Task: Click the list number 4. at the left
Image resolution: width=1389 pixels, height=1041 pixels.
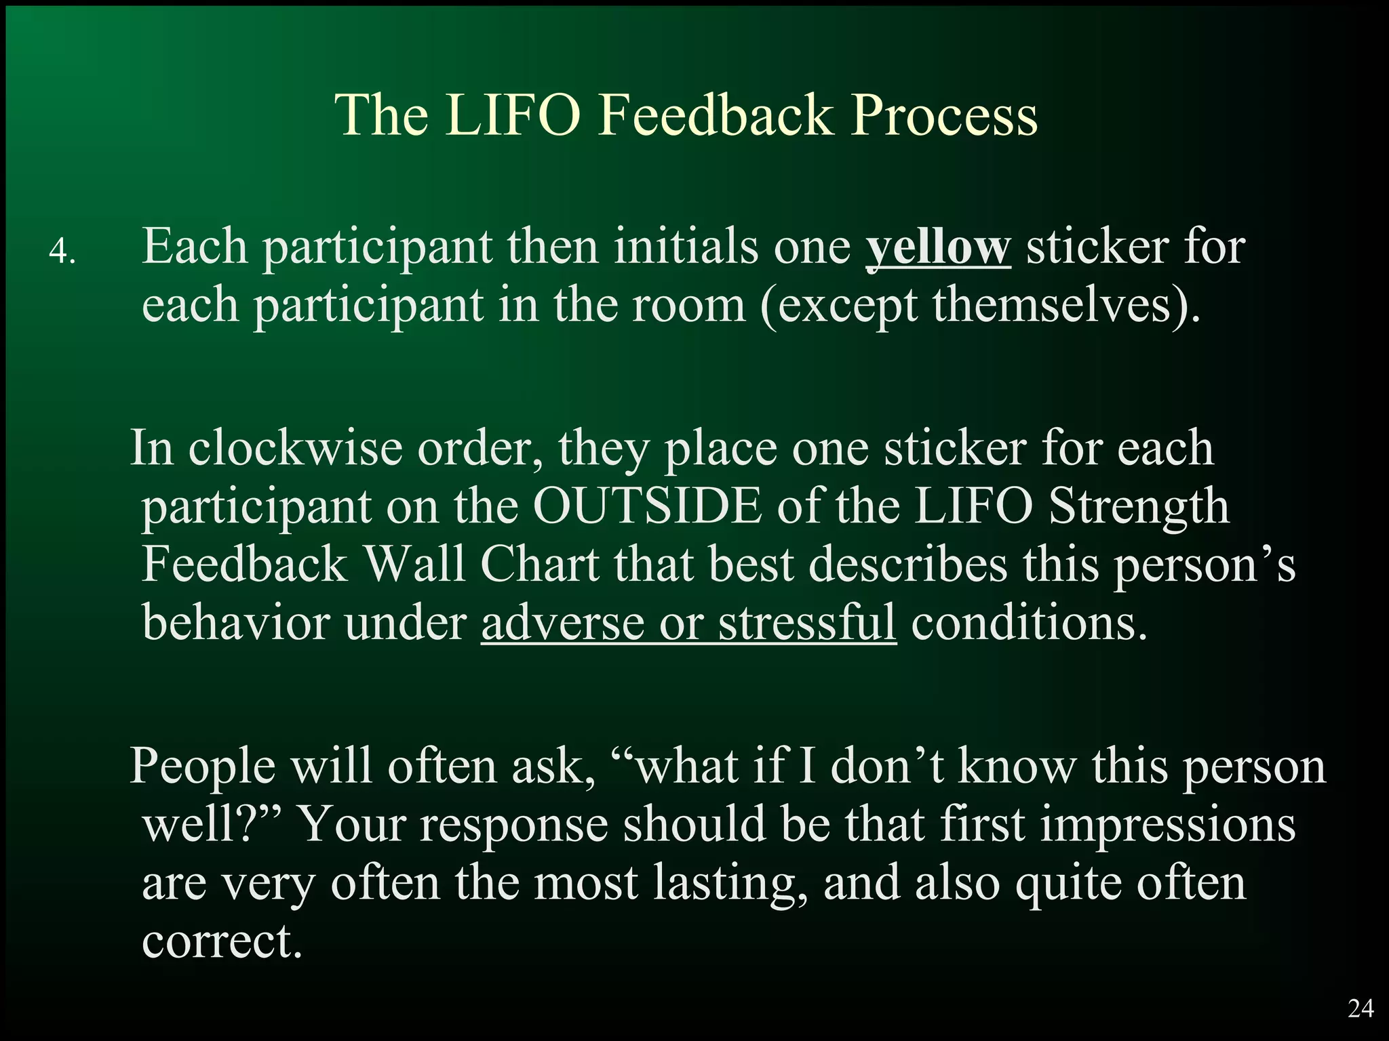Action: pos(62,253)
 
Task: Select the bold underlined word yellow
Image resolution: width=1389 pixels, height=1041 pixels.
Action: pos(938,247)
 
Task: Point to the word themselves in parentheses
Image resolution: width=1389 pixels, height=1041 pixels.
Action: pos(1051,305)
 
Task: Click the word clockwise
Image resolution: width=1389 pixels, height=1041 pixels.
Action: pos(295,449)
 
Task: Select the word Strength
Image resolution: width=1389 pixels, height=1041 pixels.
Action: pos(1139,508)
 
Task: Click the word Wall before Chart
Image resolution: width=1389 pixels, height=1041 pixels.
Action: pos(414,565)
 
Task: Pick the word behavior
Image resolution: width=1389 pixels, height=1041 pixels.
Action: pos(236,622)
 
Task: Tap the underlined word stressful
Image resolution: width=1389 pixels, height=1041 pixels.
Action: pos(807,622)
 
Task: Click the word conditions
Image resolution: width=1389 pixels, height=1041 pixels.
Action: pos(1029,622)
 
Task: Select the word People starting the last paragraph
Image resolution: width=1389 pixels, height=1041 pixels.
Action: pos(202,767)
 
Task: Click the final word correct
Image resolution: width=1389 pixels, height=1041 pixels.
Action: pos(221,942)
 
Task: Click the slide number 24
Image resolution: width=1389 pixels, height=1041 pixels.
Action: pos(1361,1009)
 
